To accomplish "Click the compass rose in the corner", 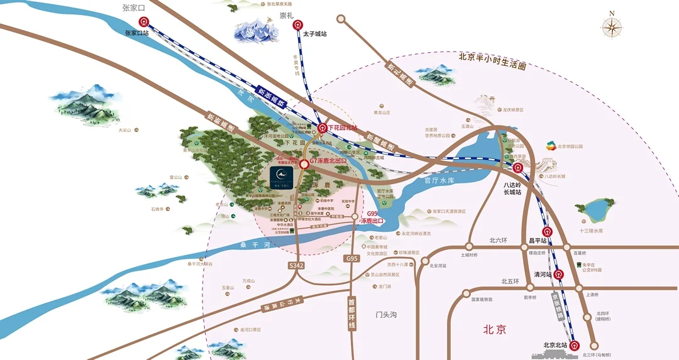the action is [x=611, y=26].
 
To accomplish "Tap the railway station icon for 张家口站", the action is [x=144, y=22].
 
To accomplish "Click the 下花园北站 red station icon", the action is [x=323, y=128].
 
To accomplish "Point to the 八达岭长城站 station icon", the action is [x=517, y=168].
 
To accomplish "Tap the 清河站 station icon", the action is [x=558, y=274].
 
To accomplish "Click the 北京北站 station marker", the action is [x=574, y=345].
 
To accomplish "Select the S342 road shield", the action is [x=296, y=266].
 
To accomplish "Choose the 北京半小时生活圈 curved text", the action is [x=491, y=61].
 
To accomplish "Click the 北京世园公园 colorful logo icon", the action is [x=549, y=146].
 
